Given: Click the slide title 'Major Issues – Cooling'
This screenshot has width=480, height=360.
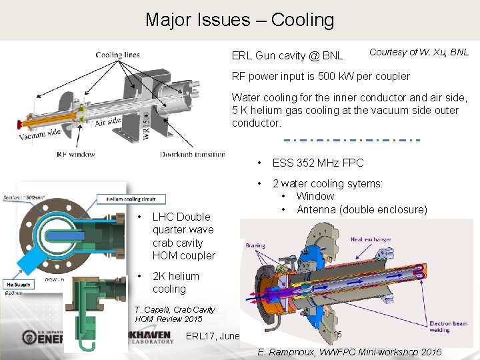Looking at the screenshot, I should point(239,20).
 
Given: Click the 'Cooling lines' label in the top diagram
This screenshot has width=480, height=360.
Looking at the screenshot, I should point(117,55).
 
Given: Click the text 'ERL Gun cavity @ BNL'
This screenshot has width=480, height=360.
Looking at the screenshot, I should point(287,55).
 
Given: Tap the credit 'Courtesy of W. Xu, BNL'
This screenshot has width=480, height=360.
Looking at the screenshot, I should point(419,52).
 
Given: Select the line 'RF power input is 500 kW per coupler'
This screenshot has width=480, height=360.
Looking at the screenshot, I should point(321,76).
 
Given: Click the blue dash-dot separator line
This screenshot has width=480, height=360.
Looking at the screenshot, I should point(352,140).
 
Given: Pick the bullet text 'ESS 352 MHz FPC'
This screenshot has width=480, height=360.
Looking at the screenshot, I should point(317,163).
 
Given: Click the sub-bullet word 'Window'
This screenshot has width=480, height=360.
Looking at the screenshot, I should point(315,196).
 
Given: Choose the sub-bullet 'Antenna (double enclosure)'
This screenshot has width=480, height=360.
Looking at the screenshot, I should point(361,209).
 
